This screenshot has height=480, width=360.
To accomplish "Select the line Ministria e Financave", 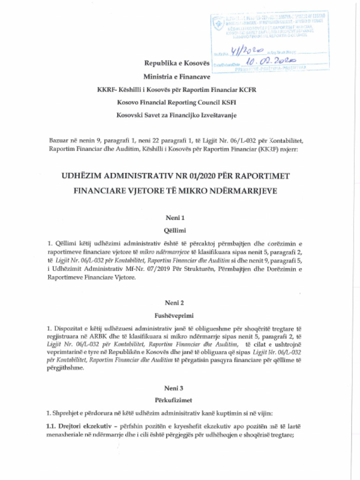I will point(176,76).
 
